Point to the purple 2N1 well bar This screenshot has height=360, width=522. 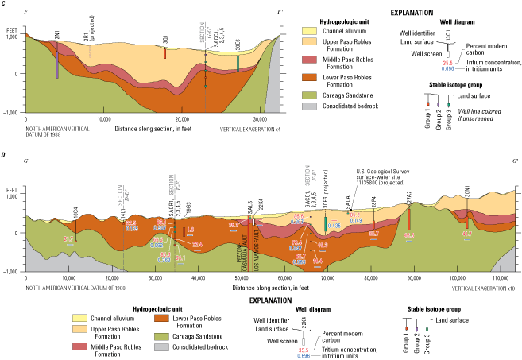(57, 60)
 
